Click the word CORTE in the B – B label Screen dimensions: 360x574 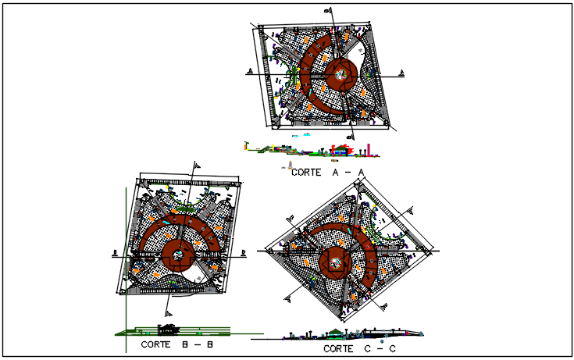click(x=156, y=344)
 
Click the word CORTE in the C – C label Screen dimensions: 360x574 click(x=338, y=348)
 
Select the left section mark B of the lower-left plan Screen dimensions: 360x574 click(x=115, y=251)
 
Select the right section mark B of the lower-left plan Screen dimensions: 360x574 click(x=244, y=251)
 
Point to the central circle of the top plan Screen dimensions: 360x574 click(x=340, y=74)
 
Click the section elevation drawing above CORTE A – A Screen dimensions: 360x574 click(x=312, y=149)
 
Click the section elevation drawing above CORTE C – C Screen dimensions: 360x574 click(x=344, y=334)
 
